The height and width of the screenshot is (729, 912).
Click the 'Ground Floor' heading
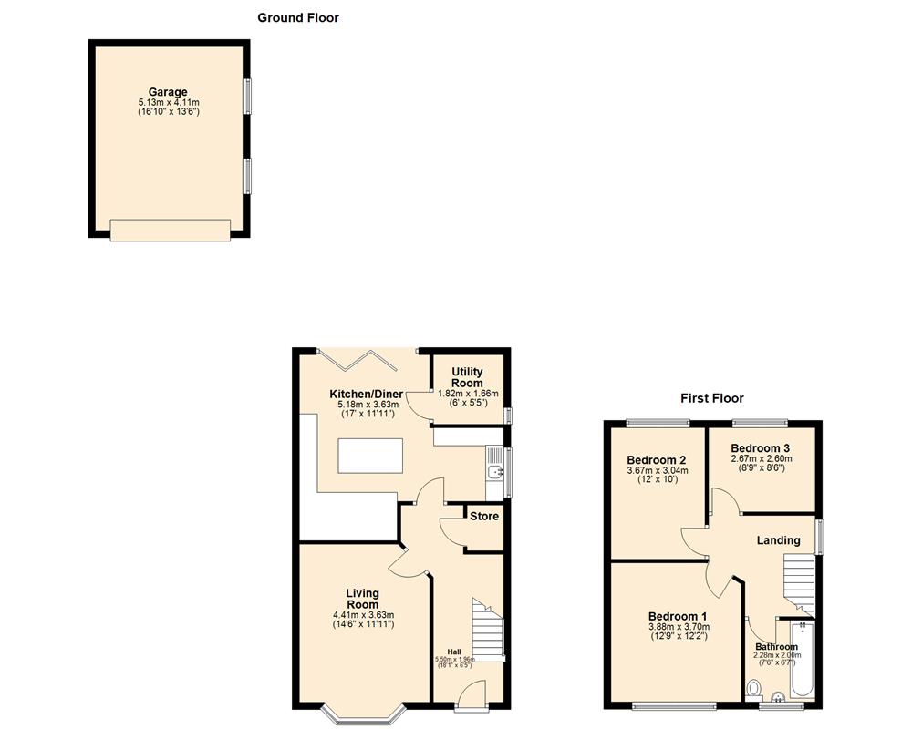coord(297,17)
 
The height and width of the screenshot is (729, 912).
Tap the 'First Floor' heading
coord(712,398)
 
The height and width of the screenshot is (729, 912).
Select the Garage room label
coord(169,92)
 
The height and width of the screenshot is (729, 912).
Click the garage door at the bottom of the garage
coord(170,231)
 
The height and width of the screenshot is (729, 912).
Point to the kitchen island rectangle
coord(373,456)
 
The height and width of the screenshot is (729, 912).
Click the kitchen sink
coord(494,471)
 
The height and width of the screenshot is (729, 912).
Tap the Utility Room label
coord(468,378)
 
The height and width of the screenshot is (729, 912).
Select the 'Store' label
coord(484,517)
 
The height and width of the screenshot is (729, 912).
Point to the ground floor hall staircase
coord(487,629)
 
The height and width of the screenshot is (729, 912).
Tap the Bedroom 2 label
coord(657,460)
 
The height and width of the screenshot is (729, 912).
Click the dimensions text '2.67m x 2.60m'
coord(762,459)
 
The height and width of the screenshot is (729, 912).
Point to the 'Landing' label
coord(779,540)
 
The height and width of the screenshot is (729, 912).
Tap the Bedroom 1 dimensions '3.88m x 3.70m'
coord(679,626)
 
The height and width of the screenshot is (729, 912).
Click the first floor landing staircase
coord(799,583)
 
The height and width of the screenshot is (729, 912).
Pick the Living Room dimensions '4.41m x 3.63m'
coord(362,616)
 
